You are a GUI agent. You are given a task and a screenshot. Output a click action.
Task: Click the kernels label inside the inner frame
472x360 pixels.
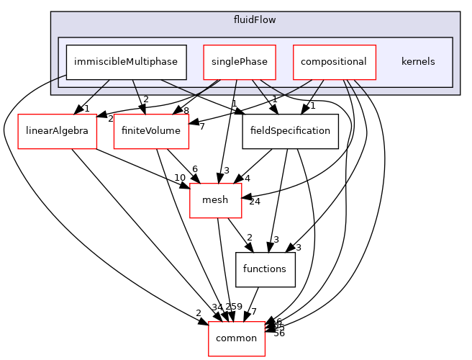pyautogui.click(x=418, y=61)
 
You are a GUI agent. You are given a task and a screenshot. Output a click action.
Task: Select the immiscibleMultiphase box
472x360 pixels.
pyautogui.click(x=127, y=61)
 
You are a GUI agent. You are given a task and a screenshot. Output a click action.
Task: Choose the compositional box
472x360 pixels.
pyautogui.click(x=334, y=61)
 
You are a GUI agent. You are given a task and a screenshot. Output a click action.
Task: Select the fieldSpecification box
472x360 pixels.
pyautogui.click(x=290, y=131)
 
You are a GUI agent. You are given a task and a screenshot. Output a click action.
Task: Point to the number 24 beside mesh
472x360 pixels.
pyautogui.click(x=254, y=201)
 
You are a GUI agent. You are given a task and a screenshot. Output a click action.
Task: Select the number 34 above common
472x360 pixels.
pyautogui.click(x=217, y=308)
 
